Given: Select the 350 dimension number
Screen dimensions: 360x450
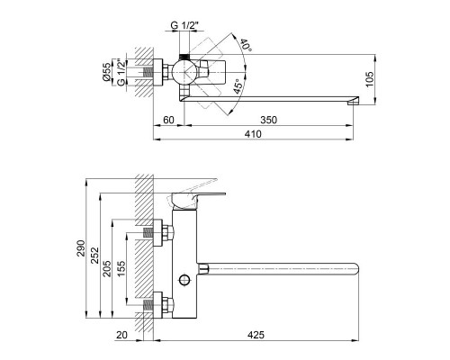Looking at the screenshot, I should click(267, 118).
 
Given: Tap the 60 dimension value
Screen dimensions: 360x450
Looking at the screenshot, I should click(168, 118).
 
